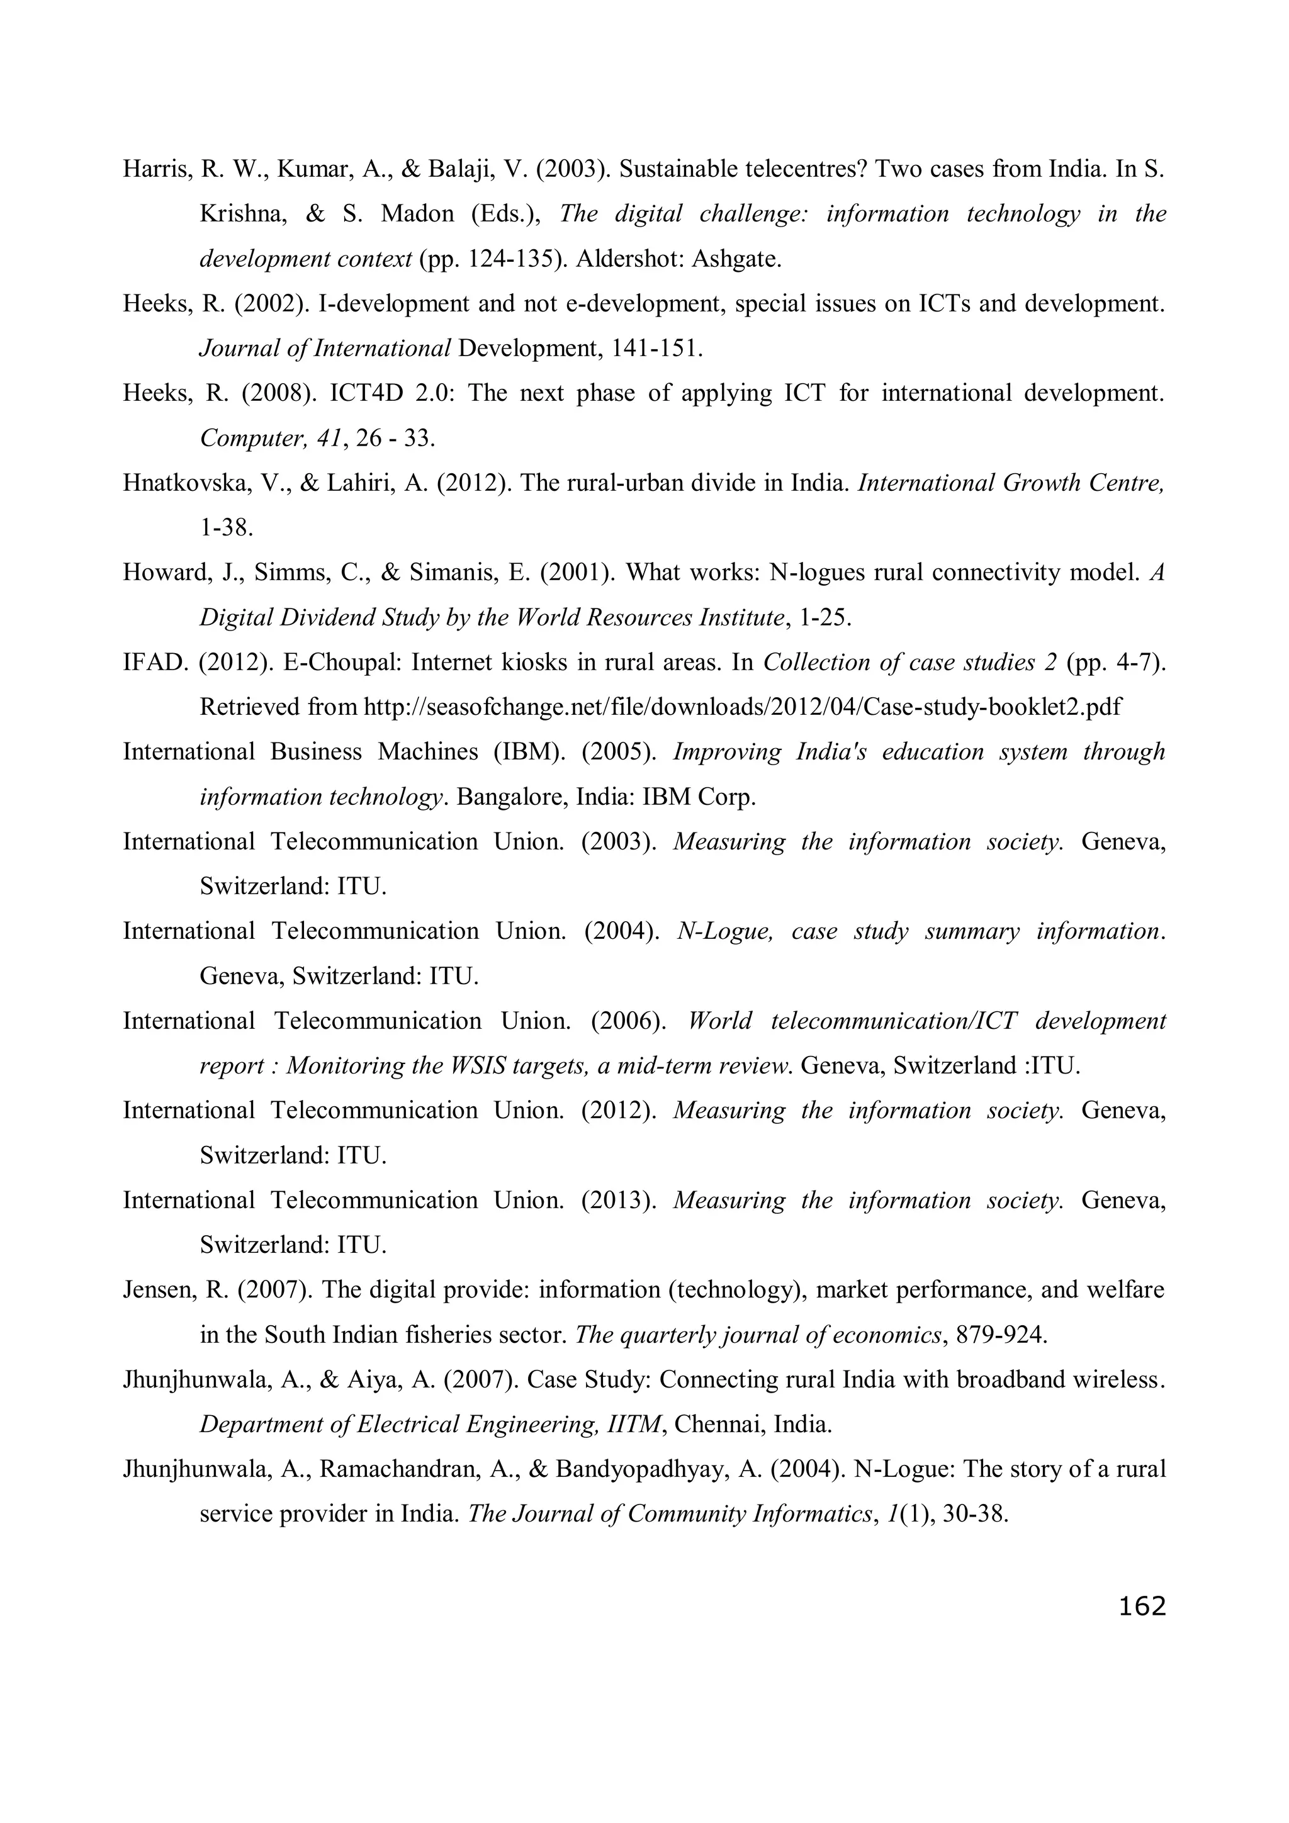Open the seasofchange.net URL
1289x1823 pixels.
pos(742,707)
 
